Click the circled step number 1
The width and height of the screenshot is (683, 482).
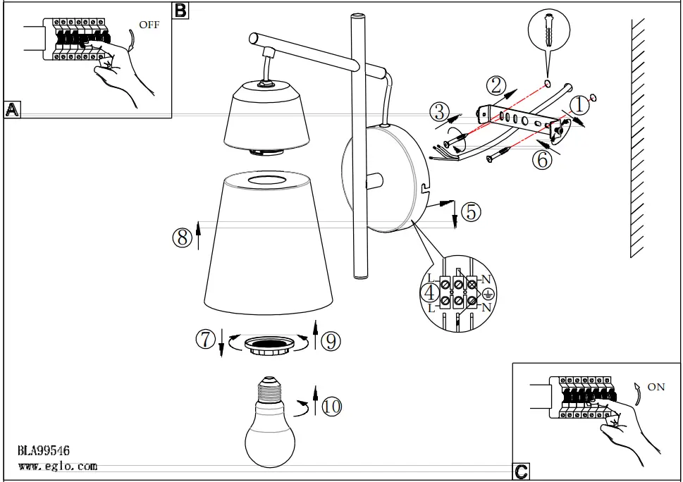578,106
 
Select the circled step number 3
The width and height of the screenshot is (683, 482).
440,111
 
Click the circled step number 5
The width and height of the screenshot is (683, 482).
472,210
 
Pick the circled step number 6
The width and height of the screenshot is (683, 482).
541,159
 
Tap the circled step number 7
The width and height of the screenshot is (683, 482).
205,340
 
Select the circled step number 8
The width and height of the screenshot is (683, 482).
182,237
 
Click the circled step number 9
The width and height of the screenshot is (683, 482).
331,341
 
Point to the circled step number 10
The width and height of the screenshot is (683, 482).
331,406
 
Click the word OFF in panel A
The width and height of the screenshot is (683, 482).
149,25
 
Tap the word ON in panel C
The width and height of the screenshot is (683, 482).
656,387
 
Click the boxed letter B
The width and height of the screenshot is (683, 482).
180,10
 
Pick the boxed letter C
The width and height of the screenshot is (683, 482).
520,471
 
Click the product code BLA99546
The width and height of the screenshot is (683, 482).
44,451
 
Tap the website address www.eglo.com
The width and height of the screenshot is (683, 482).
57,466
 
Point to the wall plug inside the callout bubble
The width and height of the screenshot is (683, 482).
548,34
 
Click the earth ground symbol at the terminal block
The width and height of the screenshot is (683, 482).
486,297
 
